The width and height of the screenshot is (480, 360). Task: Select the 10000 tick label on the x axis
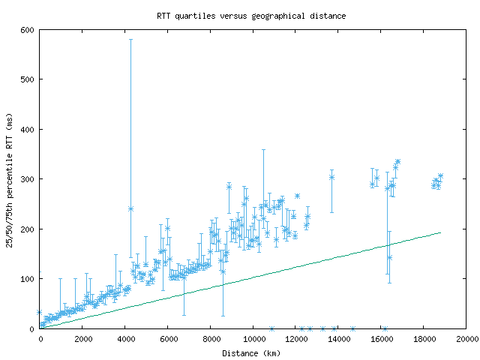(x=253, y=340)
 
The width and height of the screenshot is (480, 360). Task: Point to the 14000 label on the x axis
(x=338, y=340)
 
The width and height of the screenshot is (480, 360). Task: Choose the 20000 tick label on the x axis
(x=466, y=340)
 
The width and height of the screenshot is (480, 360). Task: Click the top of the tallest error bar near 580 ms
(x=130, y=39)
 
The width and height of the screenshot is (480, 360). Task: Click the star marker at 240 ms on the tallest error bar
(x=130, y=208)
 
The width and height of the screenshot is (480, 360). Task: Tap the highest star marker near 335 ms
(x=397, y=161)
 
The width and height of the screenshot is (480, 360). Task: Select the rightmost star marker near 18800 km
(x=440, y=176)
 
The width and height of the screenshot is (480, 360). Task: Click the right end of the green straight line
(x=440, y=232)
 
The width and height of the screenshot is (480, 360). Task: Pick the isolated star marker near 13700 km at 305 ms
(x=331, y=177)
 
